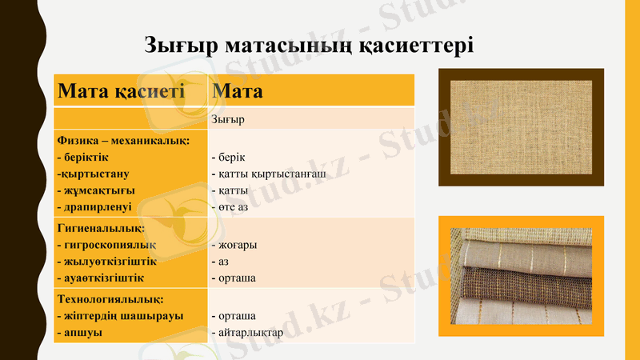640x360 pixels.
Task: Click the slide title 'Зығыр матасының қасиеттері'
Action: pyautogui.click(x=309, y=44)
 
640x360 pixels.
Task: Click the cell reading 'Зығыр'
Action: pyautogui.click(x=228, y=120)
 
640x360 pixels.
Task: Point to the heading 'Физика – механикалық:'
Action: pyautogui.click(x=123, y=141)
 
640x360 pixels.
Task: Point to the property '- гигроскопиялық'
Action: pyautogui.click(x=106, y=245)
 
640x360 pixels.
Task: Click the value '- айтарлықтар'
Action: pyautogui.click(x=246, y=332)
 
